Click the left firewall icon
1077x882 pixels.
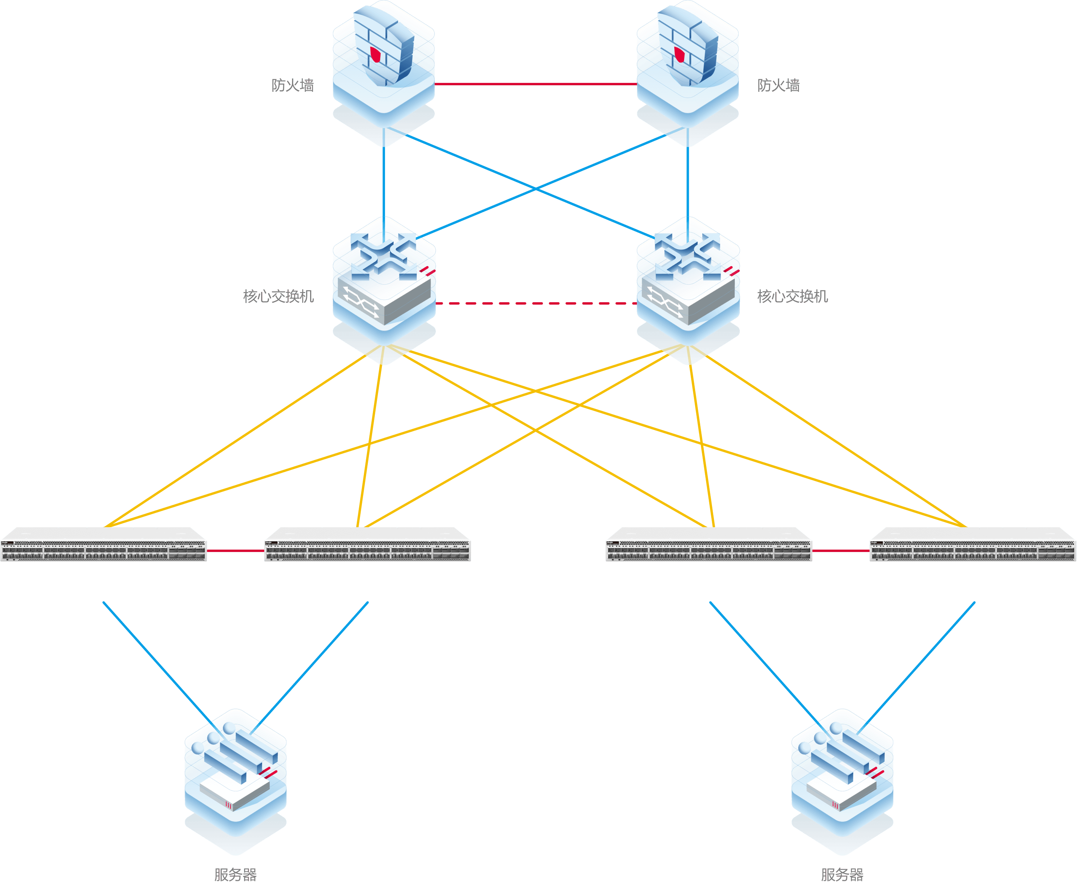click(383, 66)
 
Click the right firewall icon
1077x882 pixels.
click(687, 66)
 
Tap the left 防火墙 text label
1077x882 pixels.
click(293, 85)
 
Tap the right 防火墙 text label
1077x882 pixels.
click(778, 85)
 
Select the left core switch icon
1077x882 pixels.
click(384, 285)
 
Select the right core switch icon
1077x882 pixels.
click(688, 285)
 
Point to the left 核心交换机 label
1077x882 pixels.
click(278, 296)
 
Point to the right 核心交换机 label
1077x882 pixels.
click(792, 296)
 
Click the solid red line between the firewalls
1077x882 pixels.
click(535, 84)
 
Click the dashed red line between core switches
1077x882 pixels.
click(535, 303)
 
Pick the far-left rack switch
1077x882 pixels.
click(104, 545)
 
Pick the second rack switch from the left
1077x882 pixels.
click(367, 545)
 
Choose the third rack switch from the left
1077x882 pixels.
click(709, 545)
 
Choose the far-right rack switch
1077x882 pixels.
click(973, 545)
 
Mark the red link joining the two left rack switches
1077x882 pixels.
click(235, 551)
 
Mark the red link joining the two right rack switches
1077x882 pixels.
click(841, 551)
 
